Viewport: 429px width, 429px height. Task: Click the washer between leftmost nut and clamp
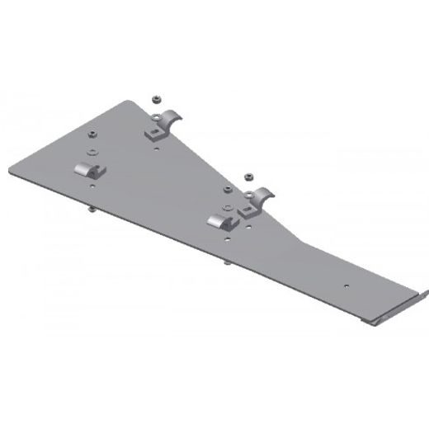coord(92,151)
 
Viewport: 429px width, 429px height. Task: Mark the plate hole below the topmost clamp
coord(156,149)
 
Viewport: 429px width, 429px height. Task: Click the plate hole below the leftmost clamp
coord(92,186)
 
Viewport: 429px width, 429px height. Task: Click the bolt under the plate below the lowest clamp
coord(225,263)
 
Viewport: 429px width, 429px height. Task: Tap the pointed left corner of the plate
coord(11,172)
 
